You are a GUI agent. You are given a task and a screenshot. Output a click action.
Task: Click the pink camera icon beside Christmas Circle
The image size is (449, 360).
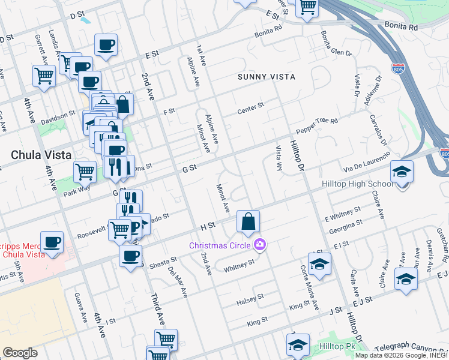[260, 244]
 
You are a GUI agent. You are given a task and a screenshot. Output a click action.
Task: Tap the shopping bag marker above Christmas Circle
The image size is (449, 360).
[248, 222]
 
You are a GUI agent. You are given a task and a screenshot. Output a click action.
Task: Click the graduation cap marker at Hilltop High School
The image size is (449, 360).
[402, 172]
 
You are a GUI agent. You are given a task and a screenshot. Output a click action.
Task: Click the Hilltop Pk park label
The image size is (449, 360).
[338, 347]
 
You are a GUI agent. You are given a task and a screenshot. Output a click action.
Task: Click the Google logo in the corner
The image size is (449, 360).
[20, 353]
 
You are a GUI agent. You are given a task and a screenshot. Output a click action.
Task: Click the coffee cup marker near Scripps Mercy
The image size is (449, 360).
[52, 243]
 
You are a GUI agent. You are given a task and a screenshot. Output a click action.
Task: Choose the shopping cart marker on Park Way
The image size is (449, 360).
[85, 172]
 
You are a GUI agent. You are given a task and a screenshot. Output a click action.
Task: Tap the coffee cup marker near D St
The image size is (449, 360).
[106, 45]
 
